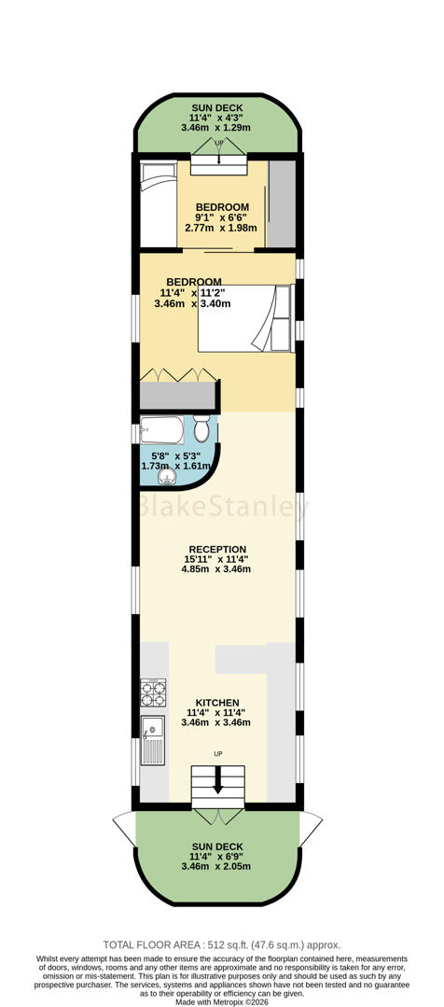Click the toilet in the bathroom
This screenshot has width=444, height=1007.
point(201,428)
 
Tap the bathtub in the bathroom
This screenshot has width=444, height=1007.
point(161,430)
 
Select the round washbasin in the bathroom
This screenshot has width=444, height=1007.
point(167,476)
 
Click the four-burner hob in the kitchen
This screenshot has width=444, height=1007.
point(153,693)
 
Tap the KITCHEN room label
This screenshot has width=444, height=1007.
point(218,703)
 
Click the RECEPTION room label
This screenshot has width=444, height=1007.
point(217,549)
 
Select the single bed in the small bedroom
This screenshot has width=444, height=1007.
point(159,204)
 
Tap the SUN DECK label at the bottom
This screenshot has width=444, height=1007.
point(217,846)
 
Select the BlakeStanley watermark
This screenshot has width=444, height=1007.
point(224,508)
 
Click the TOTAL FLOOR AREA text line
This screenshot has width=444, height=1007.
point(222,944)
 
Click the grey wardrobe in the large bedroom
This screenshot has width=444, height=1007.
point(178,396)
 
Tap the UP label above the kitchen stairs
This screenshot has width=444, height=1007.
point(218,753)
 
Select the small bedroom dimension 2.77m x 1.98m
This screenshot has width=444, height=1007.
point(221,228)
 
